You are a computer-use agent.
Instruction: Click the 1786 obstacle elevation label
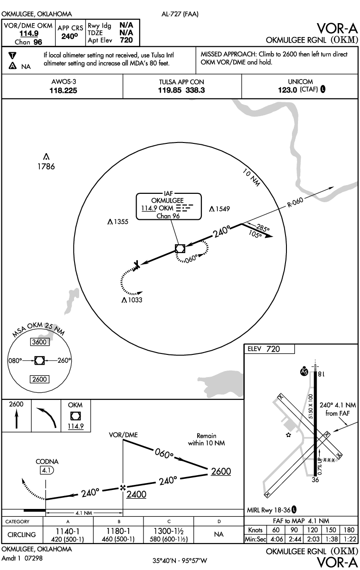(x=46, y=167)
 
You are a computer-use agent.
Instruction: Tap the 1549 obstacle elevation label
(x=223, y=209)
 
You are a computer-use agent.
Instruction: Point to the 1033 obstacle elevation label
(x=135, y=300)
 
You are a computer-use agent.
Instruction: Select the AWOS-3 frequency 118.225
(x=63, y=91)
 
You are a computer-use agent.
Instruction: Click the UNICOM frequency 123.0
(x=287, y=90)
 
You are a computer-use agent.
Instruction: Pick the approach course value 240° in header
(x=69, y=37)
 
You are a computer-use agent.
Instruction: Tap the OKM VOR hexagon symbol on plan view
(x=180, y=248)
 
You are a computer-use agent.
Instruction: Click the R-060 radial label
(x=295, y=202)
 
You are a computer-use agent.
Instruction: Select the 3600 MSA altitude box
(x=39, y=342)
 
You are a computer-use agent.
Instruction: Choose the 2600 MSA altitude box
(x=39, y=379)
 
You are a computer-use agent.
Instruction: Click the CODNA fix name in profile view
(x=47, y=462)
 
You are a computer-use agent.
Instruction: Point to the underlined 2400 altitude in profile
(x=137, y=495)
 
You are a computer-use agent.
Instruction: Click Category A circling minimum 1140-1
(x=68, y=531)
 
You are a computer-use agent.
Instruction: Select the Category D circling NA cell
(x=219, y=534)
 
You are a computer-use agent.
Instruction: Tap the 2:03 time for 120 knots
(x=312, y=539)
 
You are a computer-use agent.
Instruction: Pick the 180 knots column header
(x=349, y=530)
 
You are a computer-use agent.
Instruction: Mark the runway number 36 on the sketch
(x=315, y=480)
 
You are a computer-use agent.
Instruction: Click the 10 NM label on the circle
(x=251, y=177)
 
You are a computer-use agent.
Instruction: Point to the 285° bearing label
(x=262, y=228)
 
